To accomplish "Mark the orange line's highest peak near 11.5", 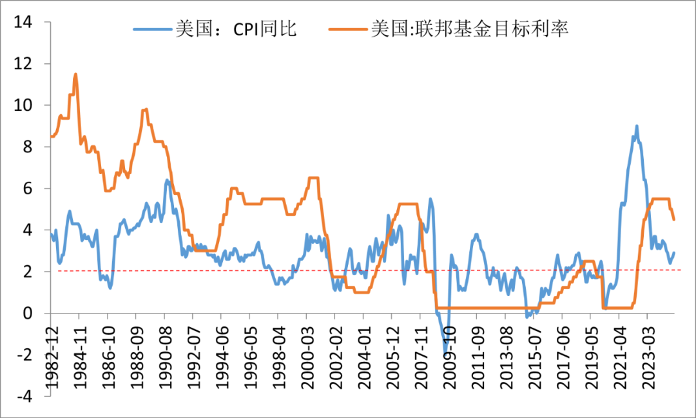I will click(76, 74).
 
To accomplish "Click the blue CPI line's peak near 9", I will click(637, 126).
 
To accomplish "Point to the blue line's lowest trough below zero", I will click(445, 353).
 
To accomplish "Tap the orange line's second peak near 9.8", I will click(146, 110).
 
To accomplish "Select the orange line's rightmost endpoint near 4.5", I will click(674, 219).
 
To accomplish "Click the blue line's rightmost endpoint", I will click(674, 253).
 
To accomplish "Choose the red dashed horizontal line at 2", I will click(361, 270).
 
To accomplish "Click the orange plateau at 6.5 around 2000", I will click(313, 178).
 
